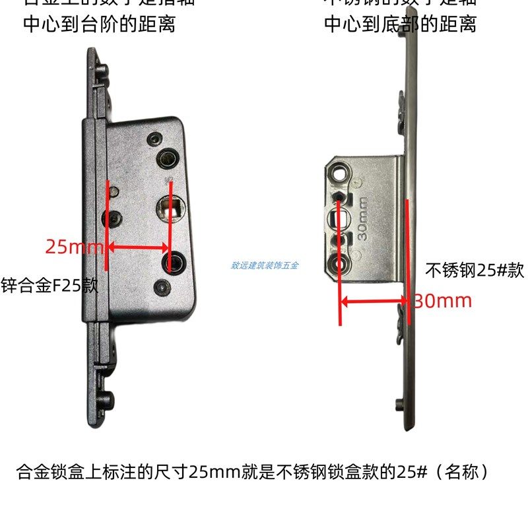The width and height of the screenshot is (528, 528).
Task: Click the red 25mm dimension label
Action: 74,248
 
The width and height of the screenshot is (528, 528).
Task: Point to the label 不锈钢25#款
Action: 475,271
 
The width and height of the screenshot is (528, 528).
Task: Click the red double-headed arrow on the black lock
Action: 137,248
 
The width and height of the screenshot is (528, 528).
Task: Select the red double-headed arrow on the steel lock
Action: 374,303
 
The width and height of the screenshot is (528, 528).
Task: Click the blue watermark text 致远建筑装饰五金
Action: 265,265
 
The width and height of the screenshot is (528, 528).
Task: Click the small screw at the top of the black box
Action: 154,139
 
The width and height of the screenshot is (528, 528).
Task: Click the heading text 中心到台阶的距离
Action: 99,25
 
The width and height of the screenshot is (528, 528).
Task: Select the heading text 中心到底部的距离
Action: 400,25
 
